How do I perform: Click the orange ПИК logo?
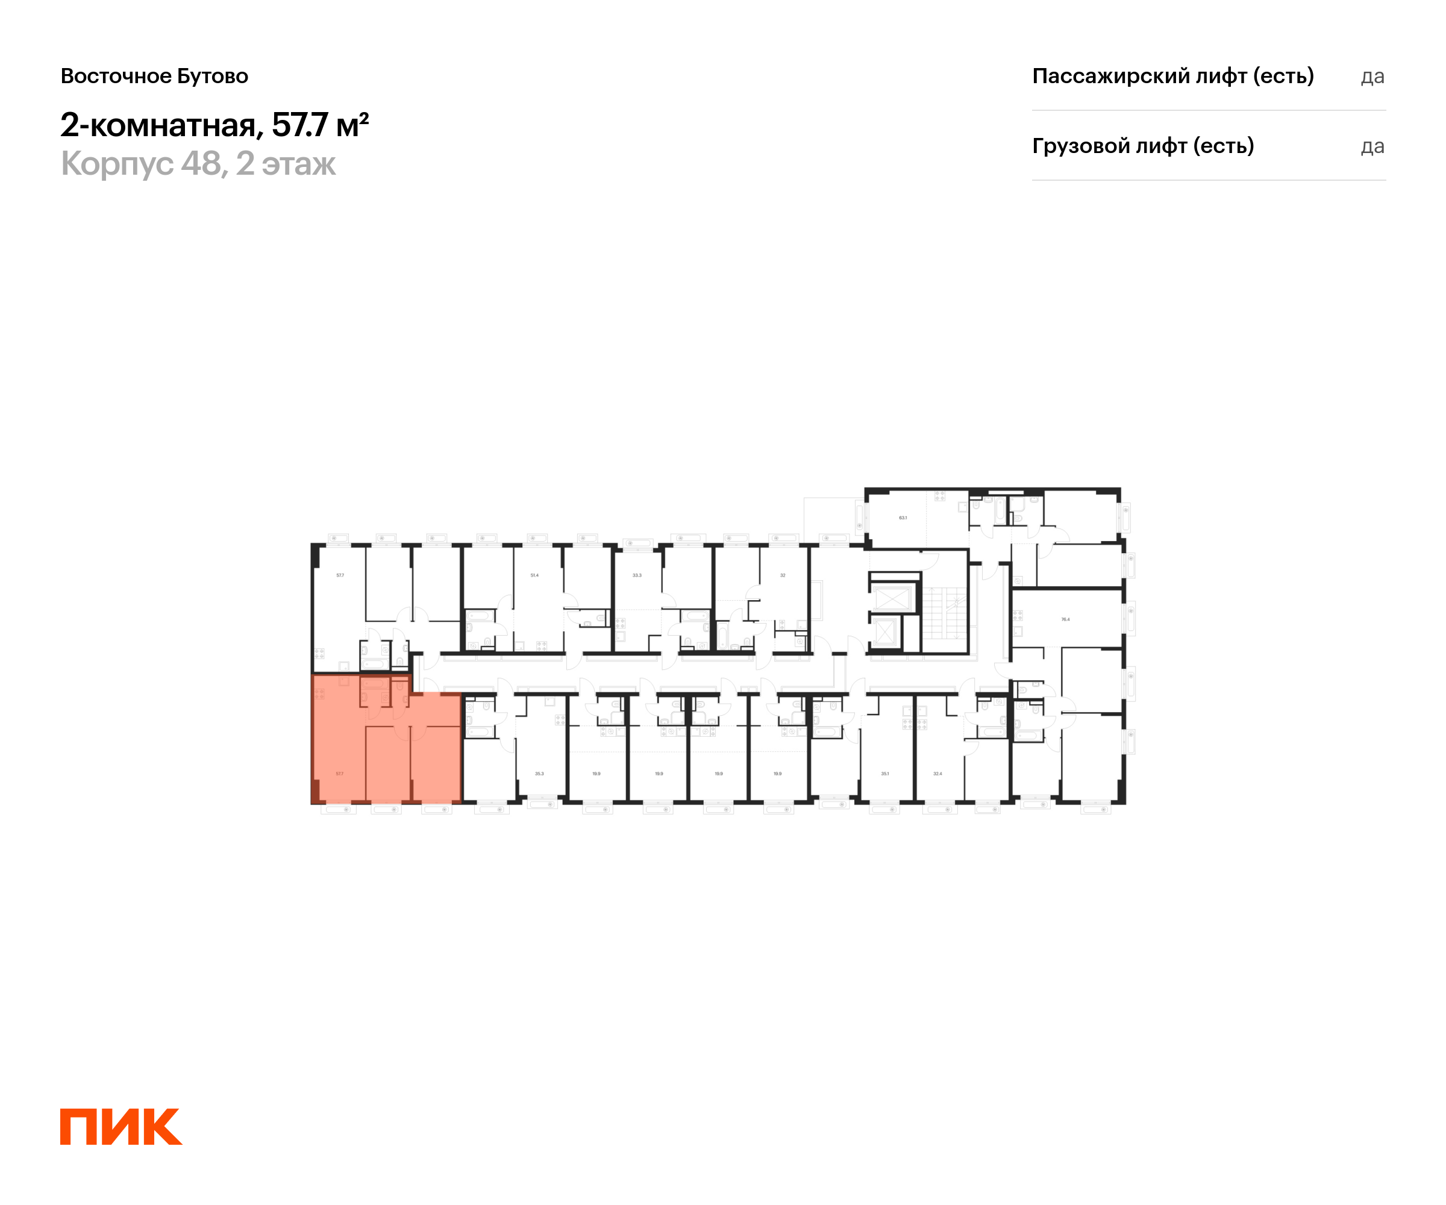click(120, 1127)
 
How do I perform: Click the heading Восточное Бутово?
click(154, 76)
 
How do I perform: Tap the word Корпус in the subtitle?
click(117, 164)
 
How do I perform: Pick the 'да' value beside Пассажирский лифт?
click(1372, 77)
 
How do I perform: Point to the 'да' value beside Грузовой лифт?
click(1372, 146)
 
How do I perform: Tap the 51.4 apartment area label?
click(534, 575)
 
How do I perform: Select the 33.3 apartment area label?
click(637, 575)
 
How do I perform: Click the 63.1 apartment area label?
click(903, 518)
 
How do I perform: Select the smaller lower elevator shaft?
click(885, 631)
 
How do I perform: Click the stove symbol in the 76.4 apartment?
click(1018, 616)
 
